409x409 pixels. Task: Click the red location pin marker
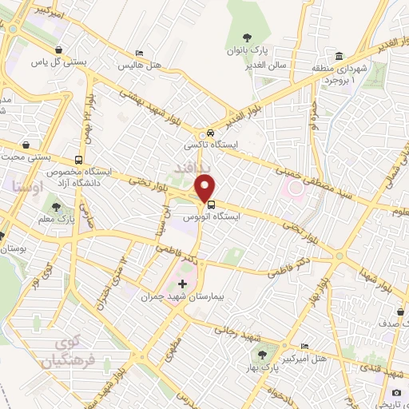206,189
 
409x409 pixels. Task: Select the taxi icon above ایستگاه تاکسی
209,133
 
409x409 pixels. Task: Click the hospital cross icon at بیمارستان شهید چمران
182,284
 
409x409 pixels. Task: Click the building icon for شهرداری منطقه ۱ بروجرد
340,56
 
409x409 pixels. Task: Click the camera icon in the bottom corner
397,392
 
